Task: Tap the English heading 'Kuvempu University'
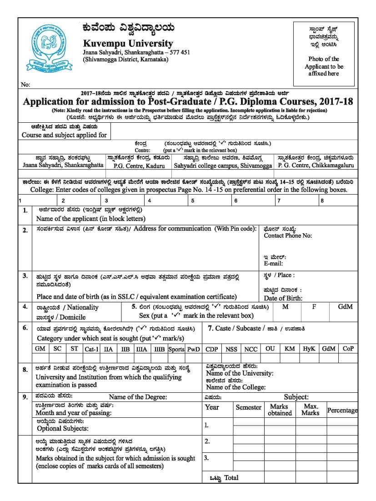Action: tap(128, 44)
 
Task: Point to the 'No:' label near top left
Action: tap(25, 85)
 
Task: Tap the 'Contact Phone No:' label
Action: tap(288, 235)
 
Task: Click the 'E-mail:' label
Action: tap(273, 264)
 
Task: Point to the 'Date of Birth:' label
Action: tap(283, 298)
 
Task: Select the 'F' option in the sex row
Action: tap(314, 307)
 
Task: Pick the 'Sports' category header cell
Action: tap(176, 349)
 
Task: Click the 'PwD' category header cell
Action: tap(194, 349)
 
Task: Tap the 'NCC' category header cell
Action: tap(251, 349)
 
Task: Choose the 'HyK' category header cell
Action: tap(309, 349)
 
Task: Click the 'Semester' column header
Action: tap(248, 407)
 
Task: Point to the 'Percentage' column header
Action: tap(342, 410)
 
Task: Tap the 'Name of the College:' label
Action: tap(236, 387)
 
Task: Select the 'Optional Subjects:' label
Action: tap(63, 428)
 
